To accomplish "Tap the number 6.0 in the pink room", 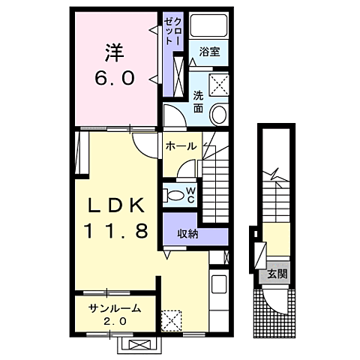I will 114,77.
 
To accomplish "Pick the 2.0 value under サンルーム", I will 115,322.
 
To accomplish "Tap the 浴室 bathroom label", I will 209,51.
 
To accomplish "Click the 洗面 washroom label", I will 198,101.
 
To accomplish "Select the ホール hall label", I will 181,146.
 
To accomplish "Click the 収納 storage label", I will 187,233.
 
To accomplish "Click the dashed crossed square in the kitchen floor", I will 172,320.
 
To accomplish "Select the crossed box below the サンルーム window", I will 139,344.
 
